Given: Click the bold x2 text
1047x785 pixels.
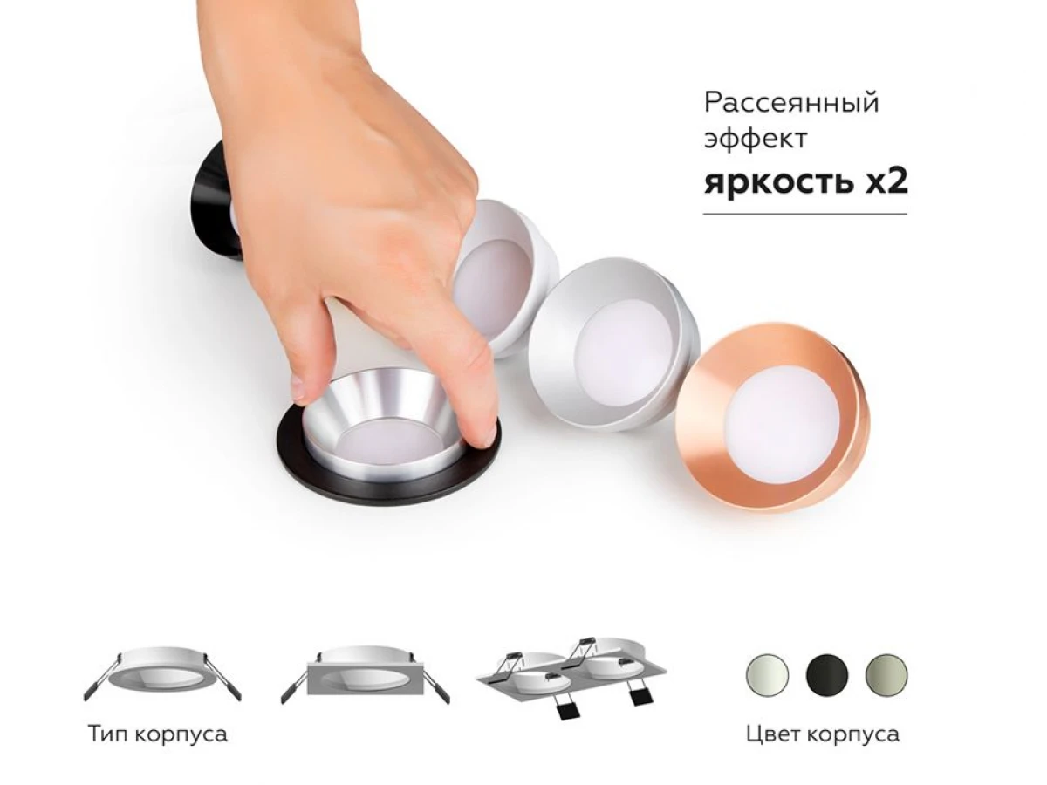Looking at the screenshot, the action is point(886,181).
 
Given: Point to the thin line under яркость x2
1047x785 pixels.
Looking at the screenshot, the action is point(805,215).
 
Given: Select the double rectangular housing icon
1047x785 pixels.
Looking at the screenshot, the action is point(571,677).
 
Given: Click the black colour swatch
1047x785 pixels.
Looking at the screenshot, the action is point(827,675).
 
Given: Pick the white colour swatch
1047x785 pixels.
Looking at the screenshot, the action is point(768,675).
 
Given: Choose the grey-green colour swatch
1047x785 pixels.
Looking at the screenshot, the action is point(886,675).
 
